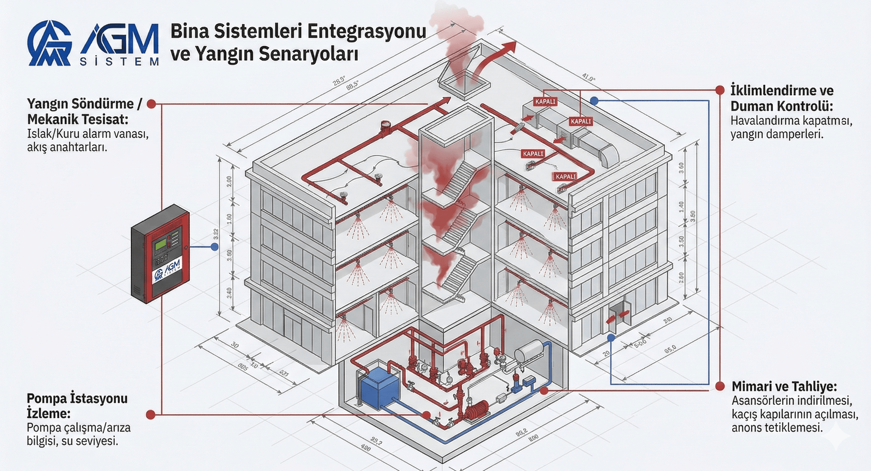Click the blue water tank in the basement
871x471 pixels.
(x=380, y=390)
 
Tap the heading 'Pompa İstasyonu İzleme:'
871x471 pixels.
(x=77, y=406)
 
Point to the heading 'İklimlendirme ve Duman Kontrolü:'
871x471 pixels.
(x=782, y=98)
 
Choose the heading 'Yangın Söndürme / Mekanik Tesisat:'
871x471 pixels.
(x=84, y=111)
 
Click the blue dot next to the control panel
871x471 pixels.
(x=214, y=247)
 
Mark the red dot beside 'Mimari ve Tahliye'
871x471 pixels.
(x=720, y=386)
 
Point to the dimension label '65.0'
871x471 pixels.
(x=670, y=349)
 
